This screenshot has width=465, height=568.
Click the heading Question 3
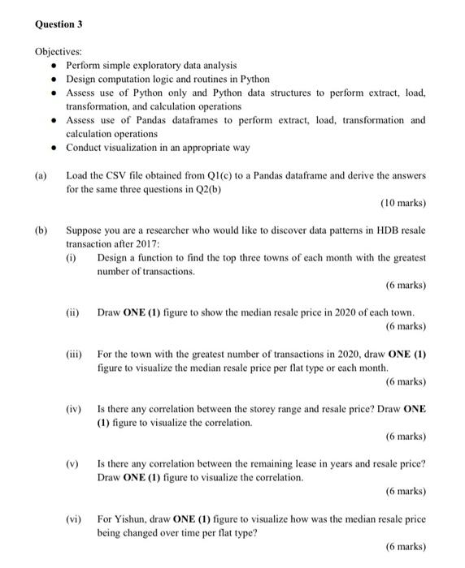[x=59, y=25]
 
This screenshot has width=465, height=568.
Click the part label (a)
[x=41, y=175]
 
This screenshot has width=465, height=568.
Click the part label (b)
[x=41, y=230]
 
